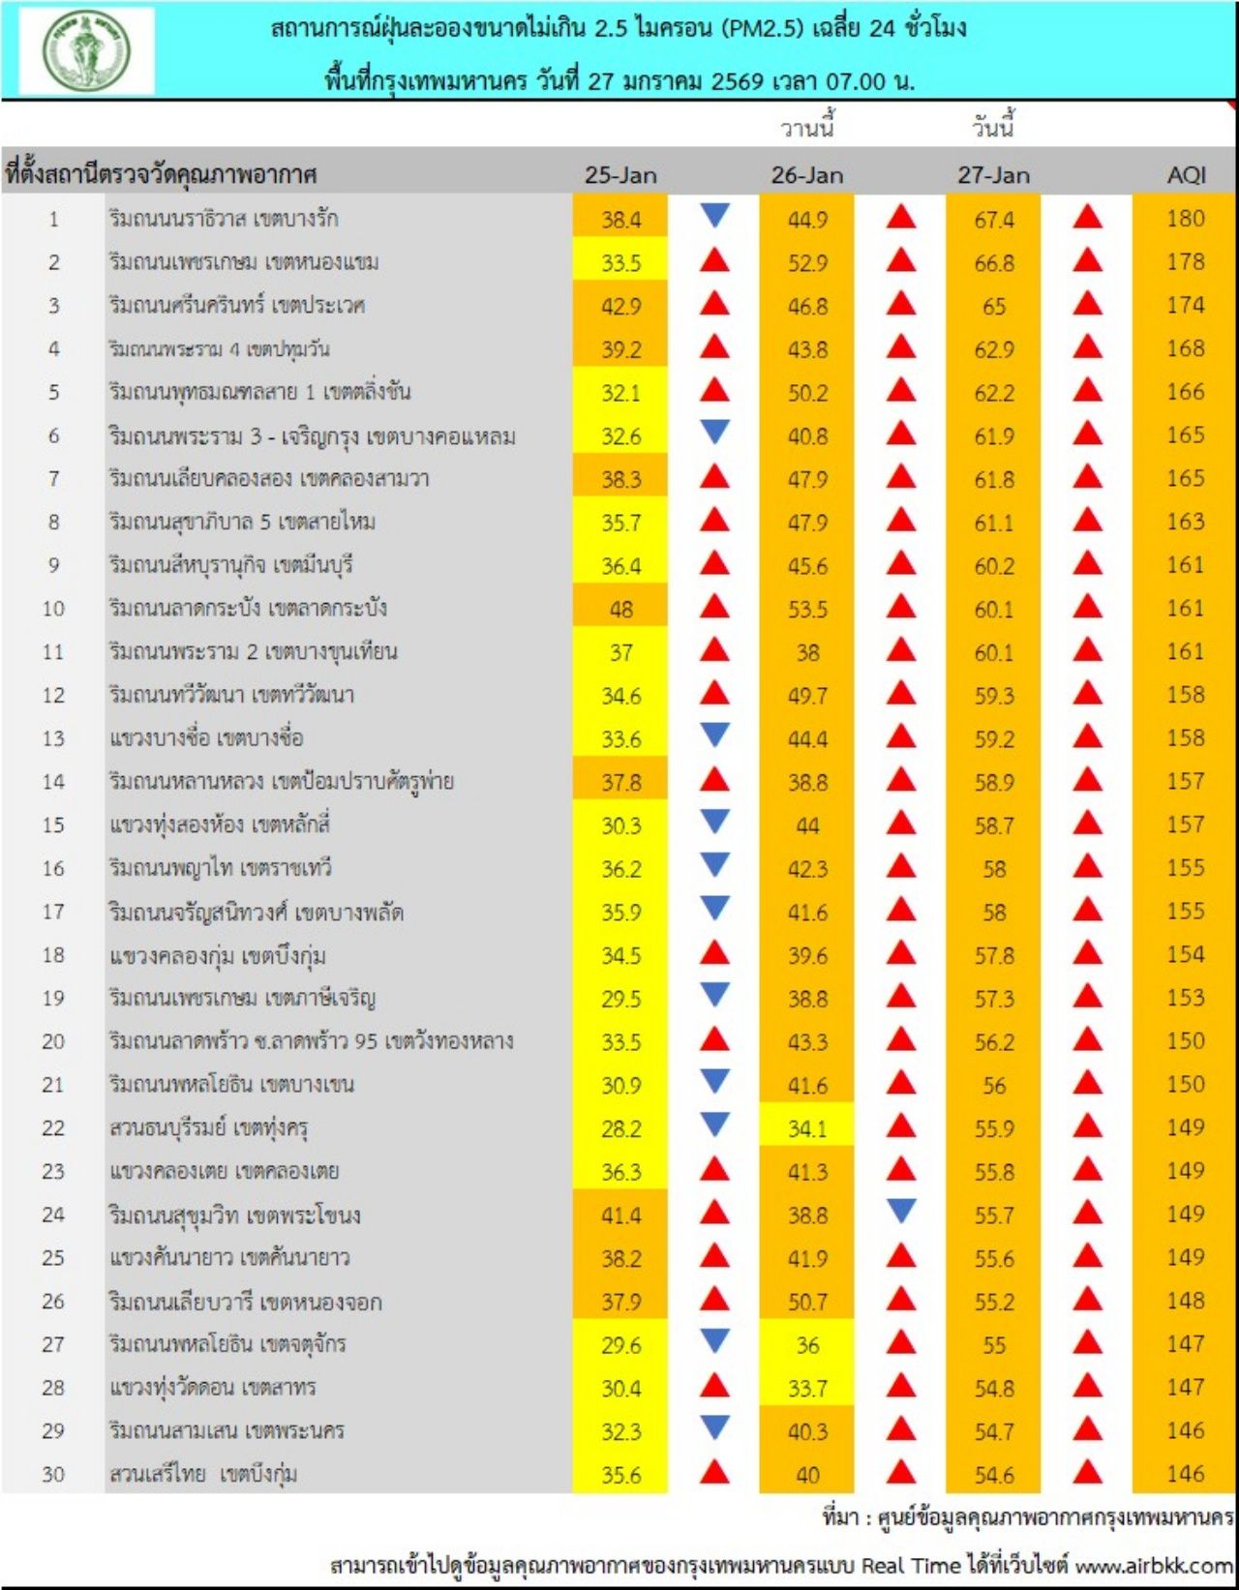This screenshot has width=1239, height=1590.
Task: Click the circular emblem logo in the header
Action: (87, 50)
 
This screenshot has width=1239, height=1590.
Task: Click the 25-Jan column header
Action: (620, 175)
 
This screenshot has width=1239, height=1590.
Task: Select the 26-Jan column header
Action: (807, 175)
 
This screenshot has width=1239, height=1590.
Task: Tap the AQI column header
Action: (1186, 175)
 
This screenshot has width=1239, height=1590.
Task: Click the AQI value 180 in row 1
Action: (1186, 219)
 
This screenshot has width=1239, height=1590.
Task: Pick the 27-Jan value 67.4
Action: (994, 220)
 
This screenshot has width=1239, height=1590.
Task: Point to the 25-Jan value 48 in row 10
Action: (620, 610)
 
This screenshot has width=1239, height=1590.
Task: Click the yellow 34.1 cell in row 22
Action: (807, 1128)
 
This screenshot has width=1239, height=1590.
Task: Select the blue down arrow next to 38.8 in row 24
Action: (901, 1210)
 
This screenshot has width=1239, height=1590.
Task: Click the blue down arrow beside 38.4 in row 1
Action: (714, 215)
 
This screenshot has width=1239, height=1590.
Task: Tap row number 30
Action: (53, 1475)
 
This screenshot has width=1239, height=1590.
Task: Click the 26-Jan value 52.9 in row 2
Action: (807, 263)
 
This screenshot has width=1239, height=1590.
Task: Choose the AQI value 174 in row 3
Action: (1186, 306)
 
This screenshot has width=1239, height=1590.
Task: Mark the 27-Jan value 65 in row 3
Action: (994, 307)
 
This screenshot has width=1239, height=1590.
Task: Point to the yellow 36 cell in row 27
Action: (807, 1345)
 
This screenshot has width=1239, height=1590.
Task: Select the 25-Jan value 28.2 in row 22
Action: (620, 1128)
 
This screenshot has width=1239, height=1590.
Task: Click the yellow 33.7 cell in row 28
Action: (807, 1389)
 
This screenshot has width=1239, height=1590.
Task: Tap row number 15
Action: (53, 825)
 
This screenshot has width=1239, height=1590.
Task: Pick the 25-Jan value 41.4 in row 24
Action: (620, 1215)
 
